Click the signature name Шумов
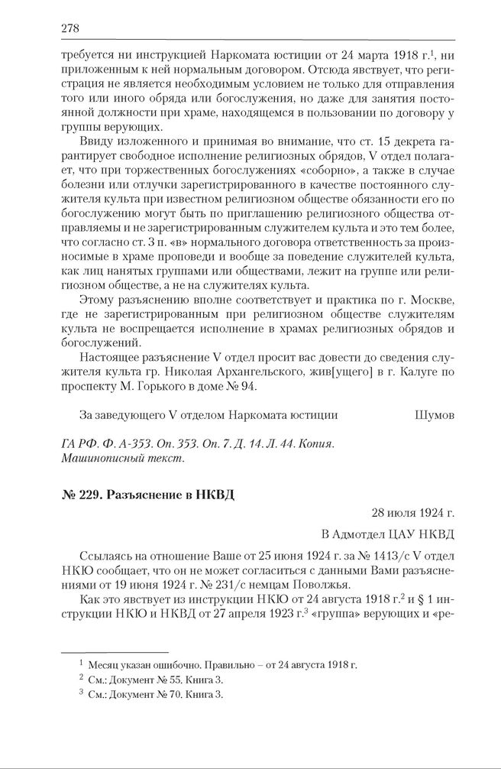tap(435, 415)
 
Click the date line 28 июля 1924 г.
tap(412, 513)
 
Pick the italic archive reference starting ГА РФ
tap(196, 444)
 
